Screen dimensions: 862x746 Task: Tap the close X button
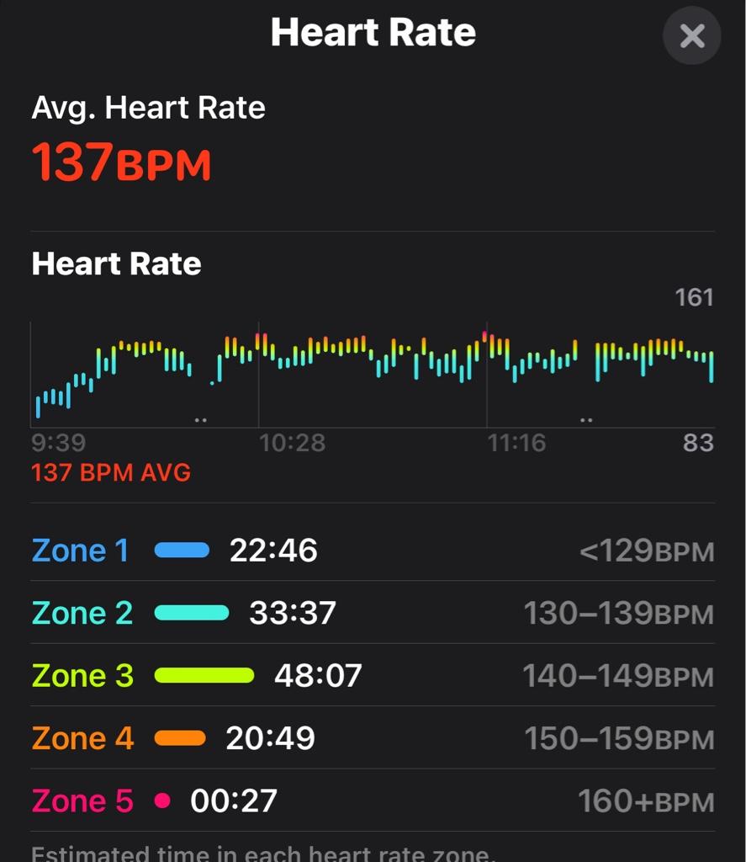(691, 36)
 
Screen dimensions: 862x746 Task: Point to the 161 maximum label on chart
(694, 297)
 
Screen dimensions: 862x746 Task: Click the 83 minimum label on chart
(698, 443)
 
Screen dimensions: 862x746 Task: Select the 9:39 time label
(58, 443)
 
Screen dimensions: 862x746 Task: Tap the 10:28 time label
(292, 443)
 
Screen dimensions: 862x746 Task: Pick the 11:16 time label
(516, 443)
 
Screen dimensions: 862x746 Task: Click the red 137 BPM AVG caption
(111, 472)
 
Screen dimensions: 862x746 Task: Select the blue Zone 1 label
(81, 551)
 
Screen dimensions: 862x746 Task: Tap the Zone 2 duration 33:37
(293, 613)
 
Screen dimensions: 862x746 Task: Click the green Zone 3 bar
(204, 675)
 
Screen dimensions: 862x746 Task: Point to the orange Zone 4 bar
(180, 738)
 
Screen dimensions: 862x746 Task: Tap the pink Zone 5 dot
(162, 801)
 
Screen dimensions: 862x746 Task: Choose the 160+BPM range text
(645, 801)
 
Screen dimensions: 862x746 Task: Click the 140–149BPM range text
(618, 676)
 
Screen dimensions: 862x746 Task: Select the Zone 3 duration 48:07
(318, 675)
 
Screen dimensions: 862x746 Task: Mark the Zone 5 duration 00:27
(234, 801)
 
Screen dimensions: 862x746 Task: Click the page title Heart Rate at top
(373, 33)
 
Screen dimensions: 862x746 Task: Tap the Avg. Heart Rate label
(148, 108)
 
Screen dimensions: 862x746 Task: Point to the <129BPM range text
(646, 551)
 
